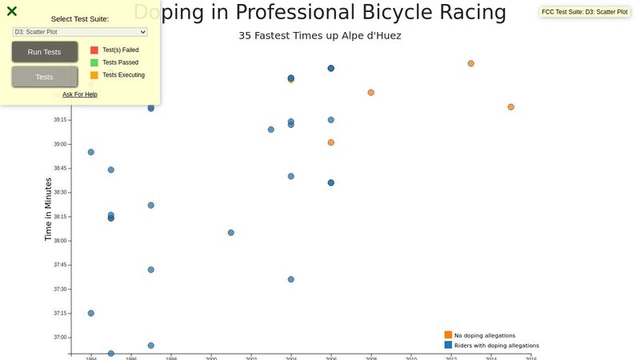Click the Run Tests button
(x=45, y=52)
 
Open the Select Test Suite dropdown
(x=80, y=32)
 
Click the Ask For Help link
(x=80, y=94)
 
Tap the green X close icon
(x=12, y=11)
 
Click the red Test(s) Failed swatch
(x=94, y=50)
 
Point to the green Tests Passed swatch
(x=94, y=62)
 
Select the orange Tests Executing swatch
(x=94, y=75)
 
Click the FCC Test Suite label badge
(x=585, y=12)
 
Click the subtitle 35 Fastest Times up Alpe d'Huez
(x=320, y=36)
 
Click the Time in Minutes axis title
(x=48, y=210)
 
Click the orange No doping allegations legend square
(x=448, y=334)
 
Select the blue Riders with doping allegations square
(x=448, y=345)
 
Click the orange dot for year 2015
(x=511, y=107)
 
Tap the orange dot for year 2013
(x=471, y=63)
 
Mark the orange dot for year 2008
(x=371, y=93)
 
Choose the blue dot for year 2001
(x=231, y=233)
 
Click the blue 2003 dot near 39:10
(x=271, y=130)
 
